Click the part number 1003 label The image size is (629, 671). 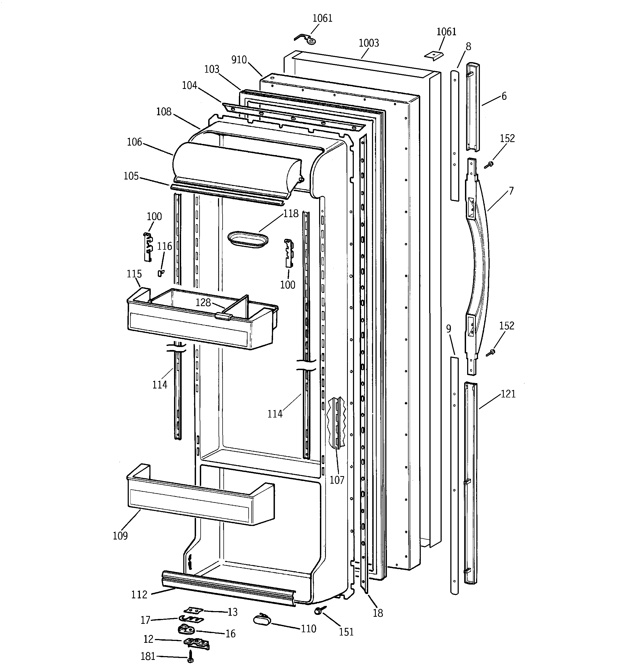pyautogui.click(x=369, y=43)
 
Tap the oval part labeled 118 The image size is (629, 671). pyautogui.click(x=248, y=239)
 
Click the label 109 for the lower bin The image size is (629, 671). pyautogui.click(x=120, y=536)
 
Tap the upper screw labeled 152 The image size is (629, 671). pyautogui.click(x=489, y=165)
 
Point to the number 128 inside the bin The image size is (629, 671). pyautogui.click(x=203, y=302)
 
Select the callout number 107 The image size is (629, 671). pyautogui.click(x=337, y=480)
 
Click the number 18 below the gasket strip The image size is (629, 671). pyautogui.click(x=378, y=613)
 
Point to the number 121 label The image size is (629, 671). pyautogui.click(x=508, y=394)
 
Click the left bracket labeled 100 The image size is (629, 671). pyautogui.click(x=147, y=247)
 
